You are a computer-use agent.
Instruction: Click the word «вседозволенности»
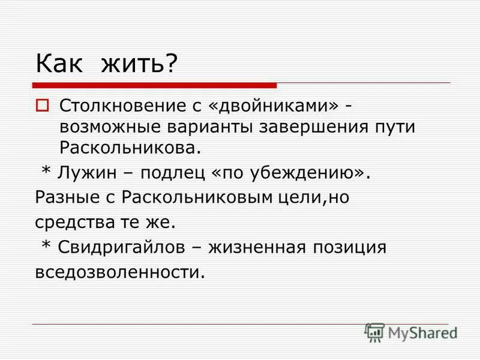click(120, 272)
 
